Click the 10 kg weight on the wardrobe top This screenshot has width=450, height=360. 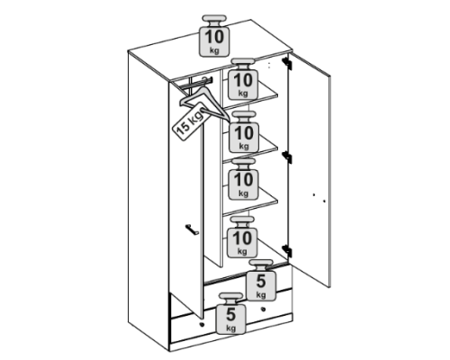[214, 36]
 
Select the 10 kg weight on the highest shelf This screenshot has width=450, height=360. [243, 79]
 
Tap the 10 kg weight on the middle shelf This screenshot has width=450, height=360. [244, 132]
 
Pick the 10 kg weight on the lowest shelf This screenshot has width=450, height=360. [243, 179]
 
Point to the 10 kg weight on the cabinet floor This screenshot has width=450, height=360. [242, 237]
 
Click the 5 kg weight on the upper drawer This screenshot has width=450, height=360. [261, 280]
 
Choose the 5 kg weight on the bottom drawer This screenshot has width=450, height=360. [230, 313]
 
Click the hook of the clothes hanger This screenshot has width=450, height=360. [205, 80]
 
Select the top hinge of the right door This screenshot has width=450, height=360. [287, 63]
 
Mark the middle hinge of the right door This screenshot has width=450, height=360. [287, 157]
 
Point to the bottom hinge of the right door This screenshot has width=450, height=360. [287, 251]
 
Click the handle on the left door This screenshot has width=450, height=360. [192, 229]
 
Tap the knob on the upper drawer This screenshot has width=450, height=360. [264, 310]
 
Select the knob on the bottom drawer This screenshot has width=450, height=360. [202, 325]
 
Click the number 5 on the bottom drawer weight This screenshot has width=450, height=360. [230, 314]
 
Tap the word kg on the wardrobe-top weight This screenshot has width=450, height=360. [214, 50]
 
